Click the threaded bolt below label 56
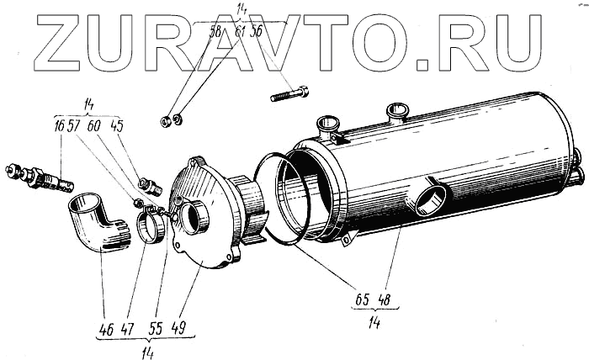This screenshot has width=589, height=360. tap(290, 93)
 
